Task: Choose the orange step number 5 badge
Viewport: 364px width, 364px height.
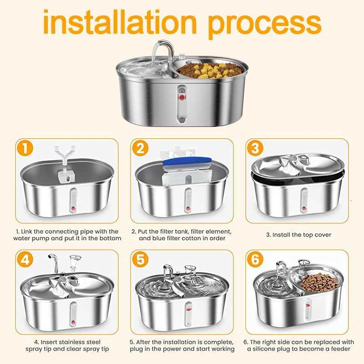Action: (x=140, y=260)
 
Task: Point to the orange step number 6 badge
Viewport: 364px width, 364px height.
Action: (x=255, y=260)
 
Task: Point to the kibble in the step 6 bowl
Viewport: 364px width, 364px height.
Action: (x=321, y=282)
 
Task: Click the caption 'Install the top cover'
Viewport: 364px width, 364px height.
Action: (x=298, y=235)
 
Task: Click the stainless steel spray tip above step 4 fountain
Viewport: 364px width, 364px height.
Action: (x=53, y=264)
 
